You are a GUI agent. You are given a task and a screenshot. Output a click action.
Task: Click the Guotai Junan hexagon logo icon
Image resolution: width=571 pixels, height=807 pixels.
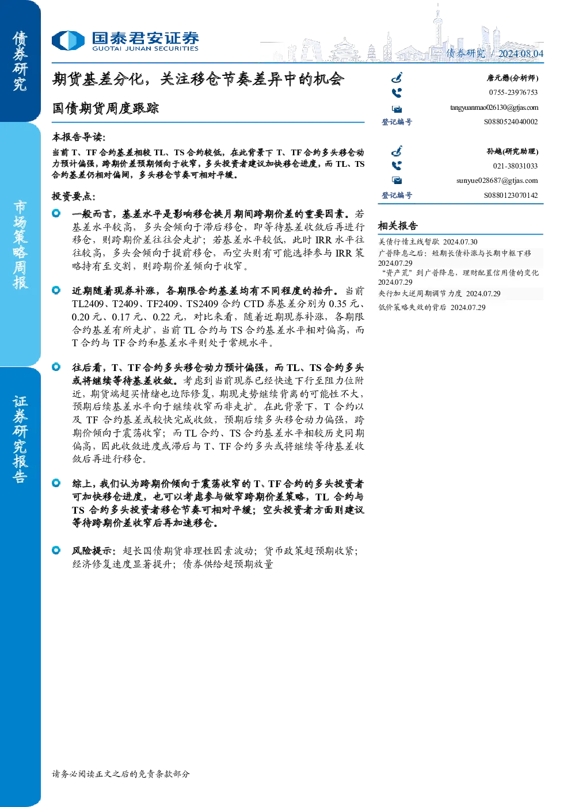tap(68, 40)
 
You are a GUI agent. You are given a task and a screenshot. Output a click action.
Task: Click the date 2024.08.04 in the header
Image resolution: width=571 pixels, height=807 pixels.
tap(520, 53)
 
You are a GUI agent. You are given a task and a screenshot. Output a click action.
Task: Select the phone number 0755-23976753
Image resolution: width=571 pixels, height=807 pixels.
tap(513, 93)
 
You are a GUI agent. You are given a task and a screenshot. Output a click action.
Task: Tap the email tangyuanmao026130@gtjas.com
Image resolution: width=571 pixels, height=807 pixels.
tap(494, 108)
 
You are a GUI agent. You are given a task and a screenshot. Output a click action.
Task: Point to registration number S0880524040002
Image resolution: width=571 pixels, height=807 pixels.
tap(511, 122)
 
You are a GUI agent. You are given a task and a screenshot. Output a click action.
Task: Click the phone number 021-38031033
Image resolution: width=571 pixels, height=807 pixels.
tap(515, 166)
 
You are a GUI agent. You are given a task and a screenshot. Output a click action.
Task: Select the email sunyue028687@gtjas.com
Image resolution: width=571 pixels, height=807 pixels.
tap(497, 181)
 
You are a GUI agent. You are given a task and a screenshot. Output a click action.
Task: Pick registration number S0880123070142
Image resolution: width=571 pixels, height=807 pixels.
tap(511, 195)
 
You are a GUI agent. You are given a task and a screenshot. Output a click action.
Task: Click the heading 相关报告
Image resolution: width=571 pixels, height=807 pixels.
tap(398, 226)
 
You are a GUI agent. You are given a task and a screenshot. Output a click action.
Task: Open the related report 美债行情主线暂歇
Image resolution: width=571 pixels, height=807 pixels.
tap(409, 242)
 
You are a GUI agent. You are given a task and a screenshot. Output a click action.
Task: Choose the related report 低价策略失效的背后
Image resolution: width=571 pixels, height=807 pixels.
tap(412, 307)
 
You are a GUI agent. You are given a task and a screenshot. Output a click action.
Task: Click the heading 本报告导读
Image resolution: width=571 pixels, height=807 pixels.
tap(79, 137)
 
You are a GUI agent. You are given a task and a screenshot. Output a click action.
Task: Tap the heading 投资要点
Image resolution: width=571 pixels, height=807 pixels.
tap(74, 196)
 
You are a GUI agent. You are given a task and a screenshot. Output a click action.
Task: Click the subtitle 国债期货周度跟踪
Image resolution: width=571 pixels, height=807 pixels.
tap(105, 108)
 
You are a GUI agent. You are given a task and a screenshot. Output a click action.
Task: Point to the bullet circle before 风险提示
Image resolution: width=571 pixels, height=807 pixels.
tap(56, 550)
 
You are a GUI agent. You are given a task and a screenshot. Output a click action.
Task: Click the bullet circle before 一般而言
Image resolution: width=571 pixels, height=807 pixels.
tap(56, 213)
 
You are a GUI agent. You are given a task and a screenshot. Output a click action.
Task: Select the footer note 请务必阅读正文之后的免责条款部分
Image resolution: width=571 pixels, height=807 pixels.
tap(121, 774)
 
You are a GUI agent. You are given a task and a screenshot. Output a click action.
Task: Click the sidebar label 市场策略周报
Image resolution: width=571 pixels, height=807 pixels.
tap(20, 245)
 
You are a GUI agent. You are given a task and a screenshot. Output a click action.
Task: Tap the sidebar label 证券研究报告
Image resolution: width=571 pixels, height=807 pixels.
tap(20, 439)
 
